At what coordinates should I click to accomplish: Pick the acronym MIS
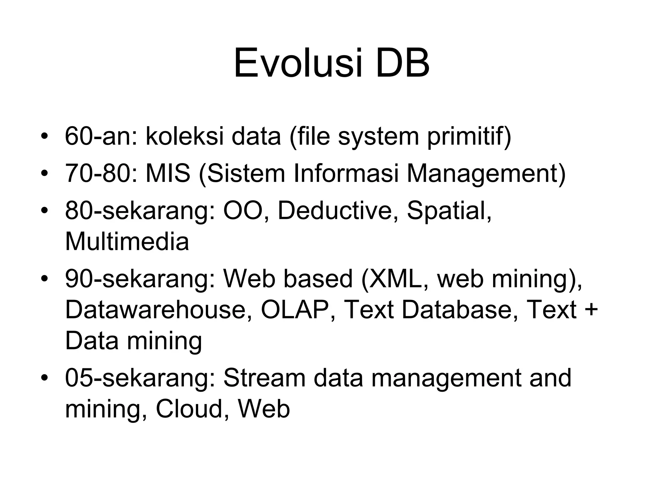pos(168,173)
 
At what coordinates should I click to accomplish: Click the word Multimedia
pos(127,242)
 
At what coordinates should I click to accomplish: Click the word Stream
pos(264,378)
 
